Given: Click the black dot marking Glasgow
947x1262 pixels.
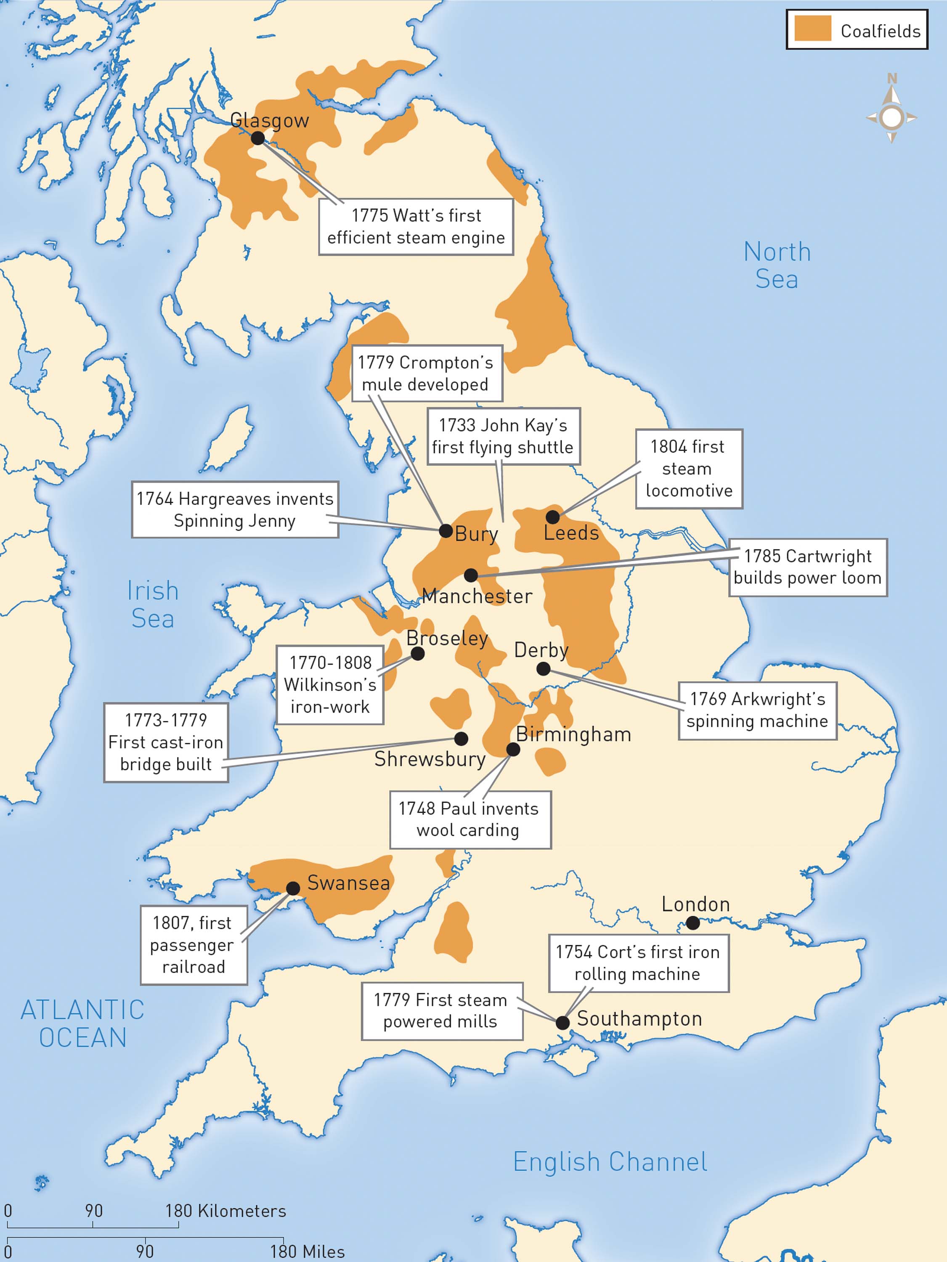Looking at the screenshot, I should [258, 138].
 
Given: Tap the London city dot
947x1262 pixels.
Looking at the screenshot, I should [692, 923].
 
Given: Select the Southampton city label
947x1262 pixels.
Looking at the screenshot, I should [639, 1018].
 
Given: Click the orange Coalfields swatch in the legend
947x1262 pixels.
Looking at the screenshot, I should [812, 29].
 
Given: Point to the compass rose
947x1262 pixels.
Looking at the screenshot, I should [891, 117].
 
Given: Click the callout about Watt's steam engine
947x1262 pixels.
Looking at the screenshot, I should [416, 226].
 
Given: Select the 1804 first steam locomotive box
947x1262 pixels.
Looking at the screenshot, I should [689, 468].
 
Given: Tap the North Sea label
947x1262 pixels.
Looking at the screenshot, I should [777, 265].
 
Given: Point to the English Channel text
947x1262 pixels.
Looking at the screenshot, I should [610, 1161].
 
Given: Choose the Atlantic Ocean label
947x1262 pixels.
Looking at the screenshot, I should [83, 1023].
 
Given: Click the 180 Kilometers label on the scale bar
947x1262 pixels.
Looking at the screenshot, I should [225, 1211].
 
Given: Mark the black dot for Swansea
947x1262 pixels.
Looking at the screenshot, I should [293, 888].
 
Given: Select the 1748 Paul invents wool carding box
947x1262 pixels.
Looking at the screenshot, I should [470, 819].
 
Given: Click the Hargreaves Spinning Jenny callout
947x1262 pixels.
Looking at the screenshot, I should [235, 509].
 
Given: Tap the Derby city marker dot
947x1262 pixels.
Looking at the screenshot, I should [543, 669].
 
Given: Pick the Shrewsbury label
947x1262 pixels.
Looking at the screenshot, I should [430, 759].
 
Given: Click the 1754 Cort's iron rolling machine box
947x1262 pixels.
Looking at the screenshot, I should [638, 963].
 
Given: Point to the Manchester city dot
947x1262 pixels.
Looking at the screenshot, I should [471, 575].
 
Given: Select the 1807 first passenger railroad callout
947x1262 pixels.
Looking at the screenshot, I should [194, 945].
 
